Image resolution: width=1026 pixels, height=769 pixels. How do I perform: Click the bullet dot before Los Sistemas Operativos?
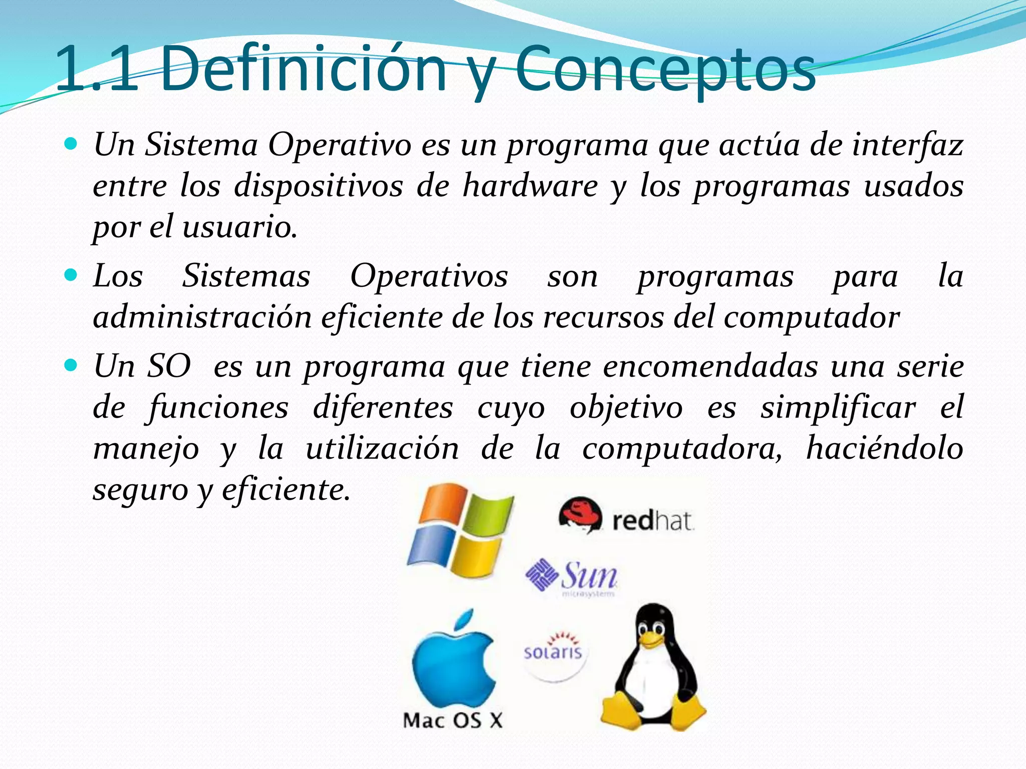(x=72, y=275)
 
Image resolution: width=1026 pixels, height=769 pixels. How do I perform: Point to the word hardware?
(x=530, y=186)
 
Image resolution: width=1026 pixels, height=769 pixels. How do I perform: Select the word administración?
(x=202, y=317)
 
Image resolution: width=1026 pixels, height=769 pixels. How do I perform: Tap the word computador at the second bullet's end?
(x=811, y=317)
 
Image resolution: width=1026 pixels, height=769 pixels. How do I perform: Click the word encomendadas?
(x=710, y=366)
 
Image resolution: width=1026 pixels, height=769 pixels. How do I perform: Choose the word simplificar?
(x=838, y=408)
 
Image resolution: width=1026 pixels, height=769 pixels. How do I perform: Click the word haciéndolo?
(x=884, y=448)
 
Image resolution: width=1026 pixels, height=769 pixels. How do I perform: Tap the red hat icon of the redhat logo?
(x=580, y=515)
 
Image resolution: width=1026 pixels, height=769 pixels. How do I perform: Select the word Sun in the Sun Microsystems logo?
(x=589, y=576)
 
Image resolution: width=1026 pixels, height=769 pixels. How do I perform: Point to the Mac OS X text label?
(x=452, y=721)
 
